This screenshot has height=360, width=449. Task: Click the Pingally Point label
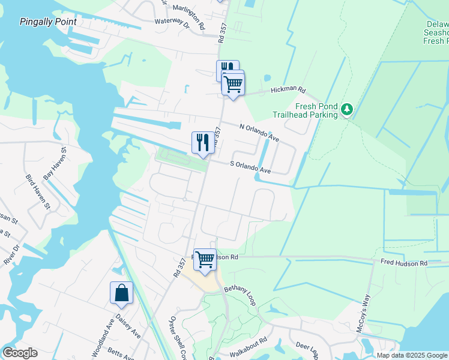coord(48,22)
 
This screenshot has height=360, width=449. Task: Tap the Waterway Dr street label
coord(172,23)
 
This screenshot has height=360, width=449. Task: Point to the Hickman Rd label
coord(288,90)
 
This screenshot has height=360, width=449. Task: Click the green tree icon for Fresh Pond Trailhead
coord(346,110)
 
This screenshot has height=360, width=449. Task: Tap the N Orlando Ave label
coord(259,133)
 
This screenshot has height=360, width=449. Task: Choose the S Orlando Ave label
coord(251,167)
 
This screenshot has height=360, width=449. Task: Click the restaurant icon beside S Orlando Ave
coord(202,143)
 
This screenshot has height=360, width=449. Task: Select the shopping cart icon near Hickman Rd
coord(233,84)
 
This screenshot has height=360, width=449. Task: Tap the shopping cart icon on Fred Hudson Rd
coord(205,260)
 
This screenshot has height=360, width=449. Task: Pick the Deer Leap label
coord(310,349)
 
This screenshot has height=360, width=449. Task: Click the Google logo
coord(20,353)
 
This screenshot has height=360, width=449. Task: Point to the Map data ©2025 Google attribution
coord(411,355)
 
